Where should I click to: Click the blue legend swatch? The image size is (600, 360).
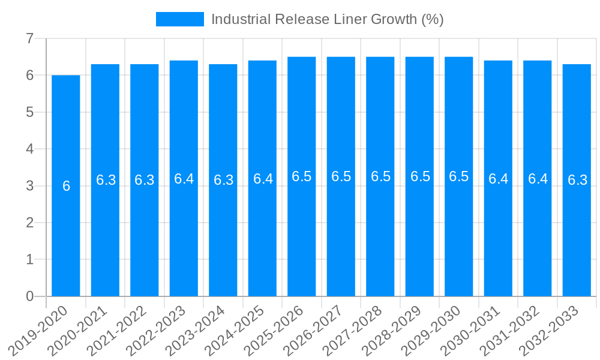point(179,19)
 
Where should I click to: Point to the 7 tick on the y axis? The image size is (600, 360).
point(29,39)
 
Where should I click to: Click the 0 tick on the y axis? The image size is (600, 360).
point(29,296)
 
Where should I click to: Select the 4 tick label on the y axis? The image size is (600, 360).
point(29,149)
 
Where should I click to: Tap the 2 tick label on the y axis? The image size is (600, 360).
point(29,223)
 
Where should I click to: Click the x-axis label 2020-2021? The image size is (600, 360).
point(77,330)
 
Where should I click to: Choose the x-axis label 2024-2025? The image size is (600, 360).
point(235,330)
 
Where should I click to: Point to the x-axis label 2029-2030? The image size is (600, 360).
point(431,330)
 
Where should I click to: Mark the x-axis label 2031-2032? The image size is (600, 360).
point(509,330)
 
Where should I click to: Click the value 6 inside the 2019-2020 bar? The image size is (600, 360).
point(66,187)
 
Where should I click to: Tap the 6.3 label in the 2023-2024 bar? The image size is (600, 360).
point(223,180)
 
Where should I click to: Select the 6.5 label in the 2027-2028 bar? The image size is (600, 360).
point(380,176)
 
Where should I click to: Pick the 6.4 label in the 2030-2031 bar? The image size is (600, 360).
point(498,179)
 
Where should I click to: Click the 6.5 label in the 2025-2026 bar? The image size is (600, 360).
point(301,176)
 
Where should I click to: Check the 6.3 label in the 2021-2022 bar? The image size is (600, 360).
point(144,180)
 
